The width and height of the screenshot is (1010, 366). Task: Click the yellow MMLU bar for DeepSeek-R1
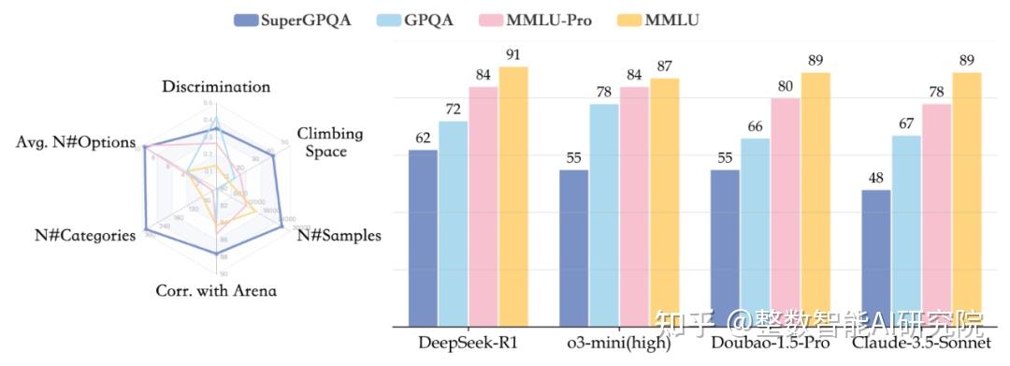tap(513, 197)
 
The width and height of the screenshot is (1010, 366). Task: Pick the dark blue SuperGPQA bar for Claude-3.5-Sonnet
tap(875, 258)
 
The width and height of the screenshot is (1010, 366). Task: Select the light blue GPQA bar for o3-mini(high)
tap(604, 215)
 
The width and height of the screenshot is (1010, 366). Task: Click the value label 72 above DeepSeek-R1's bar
tap(454, 110)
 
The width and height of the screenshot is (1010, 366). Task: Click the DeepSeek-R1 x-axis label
tap(468, 345)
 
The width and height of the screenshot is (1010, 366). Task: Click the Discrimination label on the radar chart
tap(216, 87)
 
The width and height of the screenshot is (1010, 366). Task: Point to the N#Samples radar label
tap(339, 235)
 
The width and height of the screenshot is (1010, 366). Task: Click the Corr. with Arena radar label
tap(216, 291)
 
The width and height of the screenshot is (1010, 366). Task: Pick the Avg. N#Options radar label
tap(76, 142)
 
